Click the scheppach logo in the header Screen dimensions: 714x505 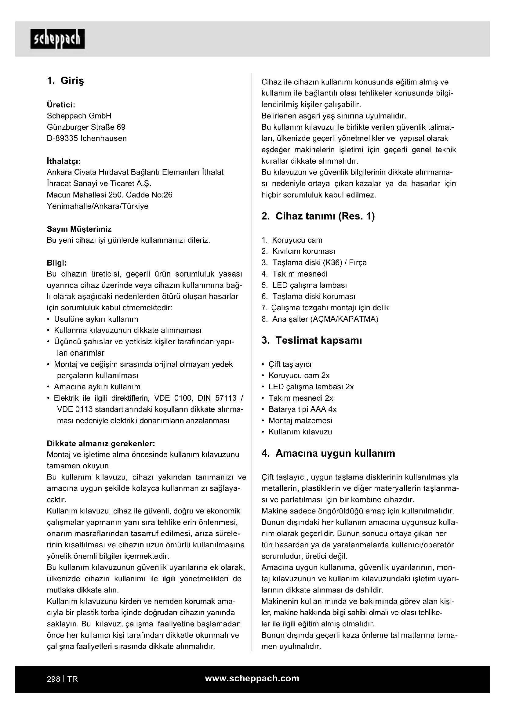[x=57, y=39]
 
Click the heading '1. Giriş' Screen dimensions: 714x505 [x=65, y=81]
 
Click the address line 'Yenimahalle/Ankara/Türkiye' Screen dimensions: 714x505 [x=97, y=206]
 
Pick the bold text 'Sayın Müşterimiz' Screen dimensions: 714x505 [x=79, y=229]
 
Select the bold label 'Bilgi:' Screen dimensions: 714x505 [x=57, y=263]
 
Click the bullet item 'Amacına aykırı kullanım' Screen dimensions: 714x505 [x=97, y=387]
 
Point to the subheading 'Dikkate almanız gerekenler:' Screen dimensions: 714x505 [x=101, y=443]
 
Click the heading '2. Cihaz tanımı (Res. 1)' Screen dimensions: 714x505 [x=318, y=216]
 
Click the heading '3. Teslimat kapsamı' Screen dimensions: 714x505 [x=312, y=341]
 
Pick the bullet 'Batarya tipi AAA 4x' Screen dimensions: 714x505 [x=302, y=409]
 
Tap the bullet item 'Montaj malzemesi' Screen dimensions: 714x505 [x=300, y=421]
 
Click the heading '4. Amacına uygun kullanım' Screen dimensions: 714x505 [x=328, y=453]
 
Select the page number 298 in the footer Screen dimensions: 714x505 [x=53, y=679]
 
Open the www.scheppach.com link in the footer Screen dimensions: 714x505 [x=252, y=679]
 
